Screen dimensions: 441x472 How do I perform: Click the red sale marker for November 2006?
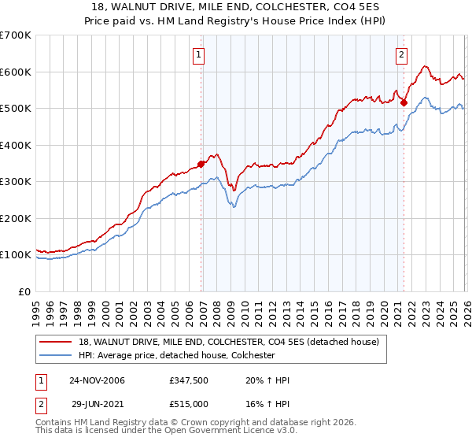click(201, 164)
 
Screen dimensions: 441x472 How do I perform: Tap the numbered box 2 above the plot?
click(401, 55)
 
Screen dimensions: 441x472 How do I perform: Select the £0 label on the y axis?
click(25, 291)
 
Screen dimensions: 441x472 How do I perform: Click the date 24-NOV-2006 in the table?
click(97, 380)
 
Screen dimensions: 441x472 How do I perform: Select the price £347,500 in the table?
click(191, 380)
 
